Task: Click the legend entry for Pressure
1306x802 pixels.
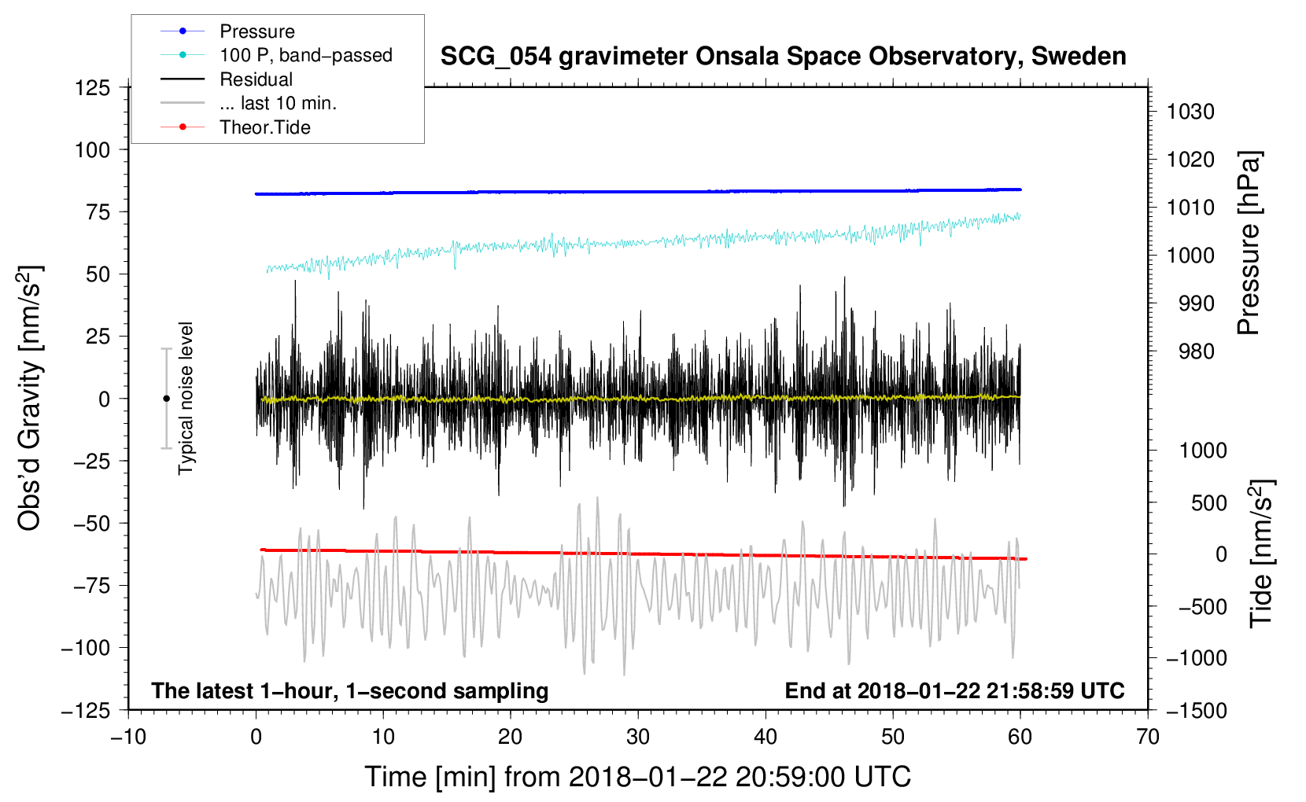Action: tap(227, 31)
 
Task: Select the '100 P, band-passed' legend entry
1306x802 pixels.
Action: tap(276, 55)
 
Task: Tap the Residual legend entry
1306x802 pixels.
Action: tap(227, 79)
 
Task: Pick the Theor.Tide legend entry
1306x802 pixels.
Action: tap(235, 127)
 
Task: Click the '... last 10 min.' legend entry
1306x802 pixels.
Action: tap(249, 103)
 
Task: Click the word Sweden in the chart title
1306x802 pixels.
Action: tap(1079, 56)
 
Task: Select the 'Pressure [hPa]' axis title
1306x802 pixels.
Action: tap(1249, 243)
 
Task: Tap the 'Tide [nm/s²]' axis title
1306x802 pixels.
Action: tap(1262, 554)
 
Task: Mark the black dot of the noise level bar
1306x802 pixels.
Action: tap(166, 399)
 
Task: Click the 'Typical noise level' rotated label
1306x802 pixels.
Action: tap(186, 399)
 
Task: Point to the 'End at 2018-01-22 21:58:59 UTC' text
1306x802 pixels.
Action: tap(954, 690)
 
